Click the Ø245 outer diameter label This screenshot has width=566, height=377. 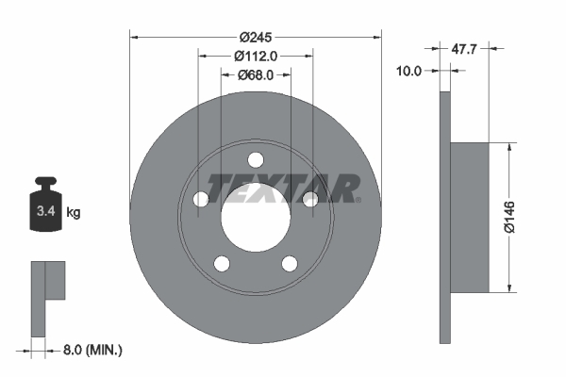[255, 37]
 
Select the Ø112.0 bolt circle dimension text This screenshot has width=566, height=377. [255, 56]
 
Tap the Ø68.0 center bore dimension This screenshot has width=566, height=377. [255, 74]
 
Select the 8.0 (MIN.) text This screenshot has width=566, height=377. [92, 350]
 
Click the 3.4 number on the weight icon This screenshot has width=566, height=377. [44, 212]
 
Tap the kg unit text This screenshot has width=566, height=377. [74, 213]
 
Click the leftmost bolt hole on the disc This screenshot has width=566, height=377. [201, 199]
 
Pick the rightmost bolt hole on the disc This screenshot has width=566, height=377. [308, 198]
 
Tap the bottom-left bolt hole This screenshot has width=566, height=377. [222, 262]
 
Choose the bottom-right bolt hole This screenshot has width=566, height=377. [289, 262]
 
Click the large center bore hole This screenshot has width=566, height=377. [255, 217]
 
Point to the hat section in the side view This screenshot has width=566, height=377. [470, 217]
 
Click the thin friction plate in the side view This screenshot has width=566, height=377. [444, 217]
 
